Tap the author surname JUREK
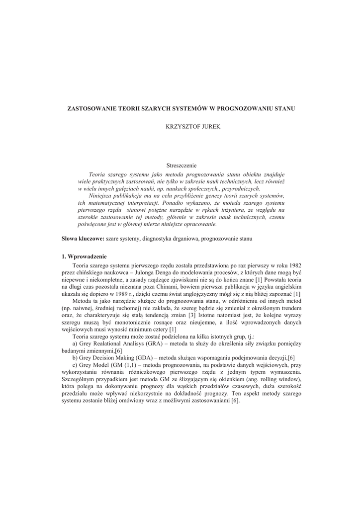[208, 128]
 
